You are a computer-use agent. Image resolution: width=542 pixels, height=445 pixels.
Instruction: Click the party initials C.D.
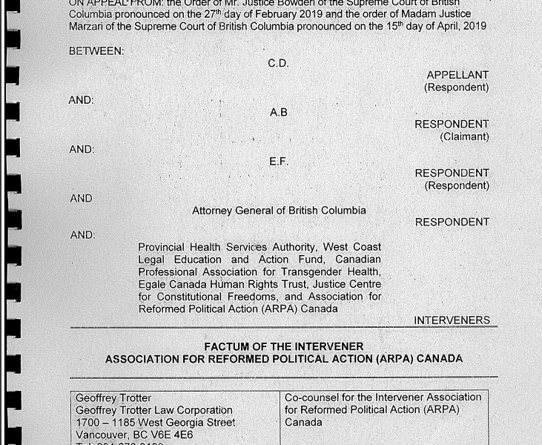click(278, 63)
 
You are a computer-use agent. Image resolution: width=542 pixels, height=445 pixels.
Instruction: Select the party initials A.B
click(278, 112)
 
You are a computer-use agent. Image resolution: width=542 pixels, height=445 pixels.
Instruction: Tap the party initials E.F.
click(278, 161)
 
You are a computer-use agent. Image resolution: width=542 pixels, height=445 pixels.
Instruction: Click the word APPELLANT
click(457, 75)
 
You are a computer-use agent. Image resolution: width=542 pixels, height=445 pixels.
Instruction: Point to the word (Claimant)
click(464, 136)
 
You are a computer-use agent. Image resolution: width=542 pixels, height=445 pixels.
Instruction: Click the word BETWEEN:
click(96, 51)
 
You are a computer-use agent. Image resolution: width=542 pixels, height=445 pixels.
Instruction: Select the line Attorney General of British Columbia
click(279, 211)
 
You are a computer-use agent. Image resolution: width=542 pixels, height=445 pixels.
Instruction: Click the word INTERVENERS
click(452, 320)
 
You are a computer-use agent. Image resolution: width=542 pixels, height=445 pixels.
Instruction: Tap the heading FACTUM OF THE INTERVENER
click(284, 346)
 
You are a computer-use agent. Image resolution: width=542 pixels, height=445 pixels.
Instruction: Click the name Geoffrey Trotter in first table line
click(113, 398)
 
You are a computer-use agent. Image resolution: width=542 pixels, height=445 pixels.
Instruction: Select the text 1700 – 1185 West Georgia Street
click(156, 422)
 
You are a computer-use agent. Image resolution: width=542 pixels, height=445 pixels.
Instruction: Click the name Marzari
click(90, 26)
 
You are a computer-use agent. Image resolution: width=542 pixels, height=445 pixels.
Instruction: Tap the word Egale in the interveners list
click(153, 284)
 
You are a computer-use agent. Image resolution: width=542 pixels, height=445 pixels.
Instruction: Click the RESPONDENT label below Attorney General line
click(452, 222)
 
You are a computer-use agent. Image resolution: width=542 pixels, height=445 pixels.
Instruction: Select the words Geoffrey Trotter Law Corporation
click(154, 410)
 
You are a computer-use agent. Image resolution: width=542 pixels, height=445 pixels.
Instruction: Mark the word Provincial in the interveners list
click(164, 247)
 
